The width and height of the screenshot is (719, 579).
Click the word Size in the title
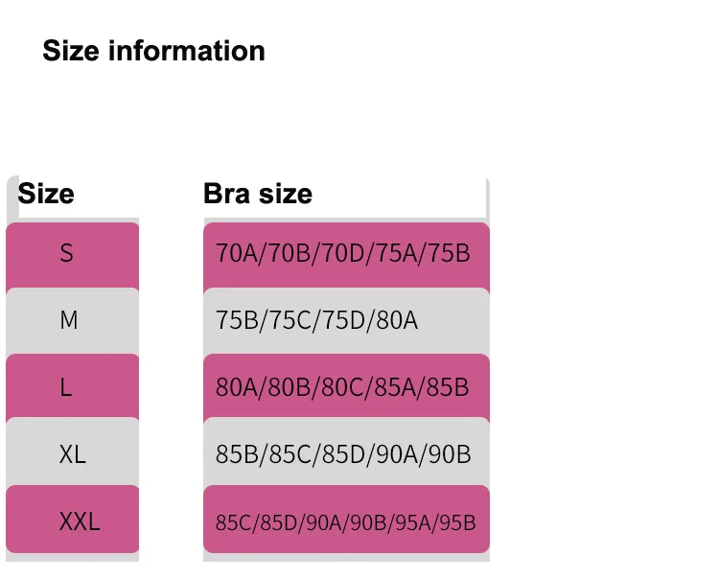[x=71, y=51]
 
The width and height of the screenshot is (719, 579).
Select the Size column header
[x=46, y=194]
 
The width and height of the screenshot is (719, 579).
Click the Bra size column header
[x=258, y=194]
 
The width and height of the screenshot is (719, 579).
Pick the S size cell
[x=66, y=254]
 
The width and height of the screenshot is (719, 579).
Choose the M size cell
[x=68, y=320]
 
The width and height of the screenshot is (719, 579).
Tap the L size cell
[x=66, y=387]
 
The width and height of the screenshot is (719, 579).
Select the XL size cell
[x=72, y=453]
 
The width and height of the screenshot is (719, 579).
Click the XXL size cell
[x=80, y=522]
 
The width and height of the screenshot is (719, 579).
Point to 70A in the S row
[x=235, y=254]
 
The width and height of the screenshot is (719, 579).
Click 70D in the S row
[x=340, y=254]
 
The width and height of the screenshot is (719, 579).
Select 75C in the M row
[x=288, y=320]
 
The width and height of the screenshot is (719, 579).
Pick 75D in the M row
[x=340, y=320]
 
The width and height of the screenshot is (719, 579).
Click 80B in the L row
[x=288, y=387]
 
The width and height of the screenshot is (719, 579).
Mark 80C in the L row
[x=340, y=387]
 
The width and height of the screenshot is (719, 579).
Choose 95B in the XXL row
[x=456, y=523]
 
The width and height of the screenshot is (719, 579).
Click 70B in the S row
[x=288, y=254]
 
